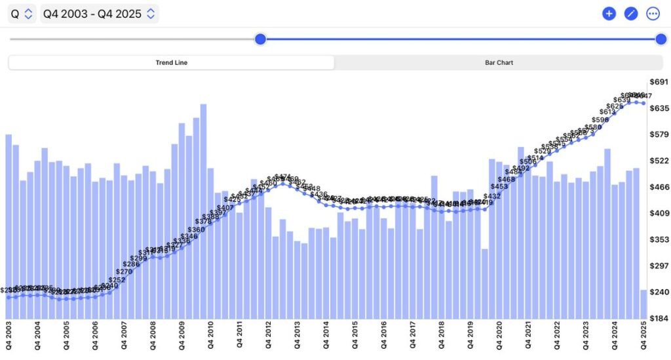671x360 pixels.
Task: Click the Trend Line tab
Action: pos(171,63)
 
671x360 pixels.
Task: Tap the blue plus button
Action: pos(609,13)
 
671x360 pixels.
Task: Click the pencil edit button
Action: pos(631,13)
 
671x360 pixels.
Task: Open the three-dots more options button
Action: pos(653,13)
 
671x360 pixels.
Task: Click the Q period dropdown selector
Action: pos(22,14)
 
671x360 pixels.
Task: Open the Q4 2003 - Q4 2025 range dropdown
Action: pos(99,14)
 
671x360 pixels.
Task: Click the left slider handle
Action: pos(260,39)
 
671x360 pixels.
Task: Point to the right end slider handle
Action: pos(661,39)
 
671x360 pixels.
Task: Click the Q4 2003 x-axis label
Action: pos(9,335)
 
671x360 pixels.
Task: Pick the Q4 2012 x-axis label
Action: pos(268,335)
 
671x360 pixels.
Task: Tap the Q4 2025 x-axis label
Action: pos(643,335)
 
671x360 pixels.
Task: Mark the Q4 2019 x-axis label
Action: pos(470,335)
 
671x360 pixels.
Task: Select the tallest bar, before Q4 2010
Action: pos(203,210)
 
